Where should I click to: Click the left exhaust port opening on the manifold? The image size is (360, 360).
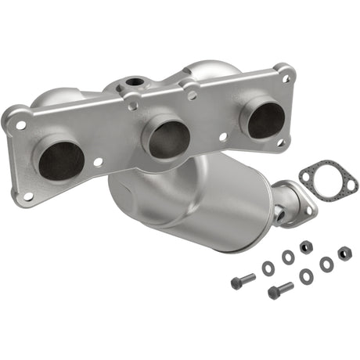[x=61, y=158]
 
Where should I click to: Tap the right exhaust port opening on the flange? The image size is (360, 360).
[x=266, y=119]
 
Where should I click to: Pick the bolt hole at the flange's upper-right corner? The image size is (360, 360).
[x=286, y=78]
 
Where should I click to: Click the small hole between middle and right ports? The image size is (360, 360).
[x=223, y=135]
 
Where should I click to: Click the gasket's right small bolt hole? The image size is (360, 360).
[x=350, y=185]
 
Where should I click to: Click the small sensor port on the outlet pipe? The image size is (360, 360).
[x=279, y=211]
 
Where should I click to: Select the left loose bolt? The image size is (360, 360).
[x=243, y=280]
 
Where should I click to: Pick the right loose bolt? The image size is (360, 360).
[x=280, y=290]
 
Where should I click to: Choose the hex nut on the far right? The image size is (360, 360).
[x=344, y=253]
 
